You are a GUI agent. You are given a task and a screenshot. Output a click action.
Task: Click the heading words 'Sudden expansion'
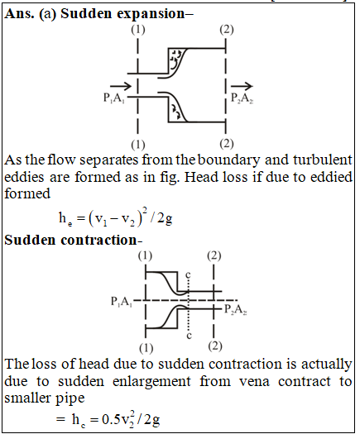[122, 14]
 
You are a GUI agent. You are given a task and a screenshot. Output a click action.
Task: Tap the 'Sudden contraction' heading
[71, 240]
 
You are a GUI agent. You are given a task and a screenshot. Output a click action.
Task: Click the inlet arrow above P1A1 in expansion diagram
[121, 86]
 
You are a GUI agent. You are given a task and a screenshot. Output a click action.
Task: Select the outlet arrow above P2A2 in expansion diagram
[242, 86]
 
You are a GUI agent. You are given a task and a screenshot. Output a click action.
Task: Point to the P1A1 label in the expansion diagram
[113, 98]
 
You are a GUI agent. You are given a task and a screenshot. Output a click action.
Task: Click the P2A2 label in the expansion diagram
[242, 98]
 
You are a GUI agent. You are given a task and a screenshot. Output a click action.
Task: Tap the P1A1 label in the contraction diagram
[122, 302]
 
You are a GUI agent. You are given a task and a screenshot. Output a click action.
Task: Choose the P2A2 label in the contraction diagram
[236, 309]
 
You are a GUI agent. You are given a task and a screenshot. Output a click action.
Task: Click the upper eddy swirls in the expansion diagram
[175, 59]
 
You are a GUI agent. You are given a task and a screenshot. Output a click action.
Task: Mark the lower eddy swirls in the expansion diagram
[175, 111]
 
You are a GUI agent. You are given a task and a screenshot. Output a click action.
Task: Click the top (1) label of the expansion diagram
[138, 30]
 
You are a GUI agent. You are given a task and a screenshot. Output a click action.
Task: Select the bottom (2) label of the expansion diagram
[227, 144]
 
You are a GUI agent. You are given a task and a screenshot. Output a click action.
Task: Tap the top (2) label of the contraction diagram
[214, 256]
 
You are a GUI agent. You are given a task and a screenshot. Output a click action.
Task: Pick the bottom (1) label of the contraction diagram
[146, 348]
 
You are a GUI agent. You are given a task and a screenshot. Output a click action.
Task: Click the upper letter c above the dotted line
[188, 274]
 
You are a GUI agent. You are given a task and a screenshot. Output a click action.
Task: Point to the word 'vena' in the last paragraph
[254, 381]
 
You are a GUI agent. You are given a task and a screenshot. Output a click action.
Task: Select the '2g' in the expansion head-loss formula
[165, 219]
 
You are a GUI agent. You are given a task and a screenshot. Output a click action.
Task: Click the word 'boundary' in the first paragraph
[229, 160]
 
